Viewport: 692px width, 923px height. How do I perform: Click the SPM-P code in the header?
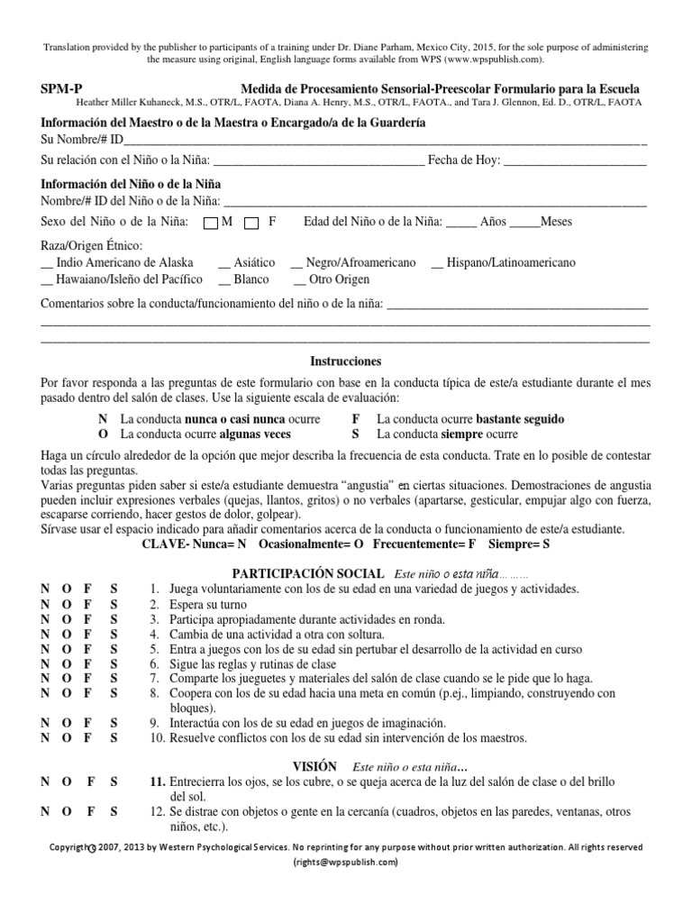pos(59,89)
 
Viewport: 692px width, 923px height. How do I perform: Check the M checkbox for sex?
pos(211,222)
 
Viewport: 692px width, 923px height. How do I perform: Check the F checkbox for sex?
pos(252,222)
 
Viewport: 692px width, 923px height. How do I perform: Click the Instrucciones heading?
pos(345,361)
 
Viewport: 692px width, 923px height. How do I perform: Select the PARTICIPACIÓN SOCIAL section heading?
pos(307,573)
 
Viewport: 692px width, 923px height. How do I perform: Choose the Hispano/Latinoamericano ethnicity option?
pos(504,262)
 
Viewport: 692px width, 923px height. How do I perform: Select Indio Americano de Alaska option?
pos(117,262)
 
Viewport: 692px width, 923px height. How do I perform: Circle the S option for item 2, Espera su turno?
pos(114,603)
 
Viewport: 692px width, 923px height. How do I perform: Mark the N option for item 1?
pos(45,589)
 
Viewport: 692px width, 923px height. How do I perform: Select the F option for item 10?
pos(87,737)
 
